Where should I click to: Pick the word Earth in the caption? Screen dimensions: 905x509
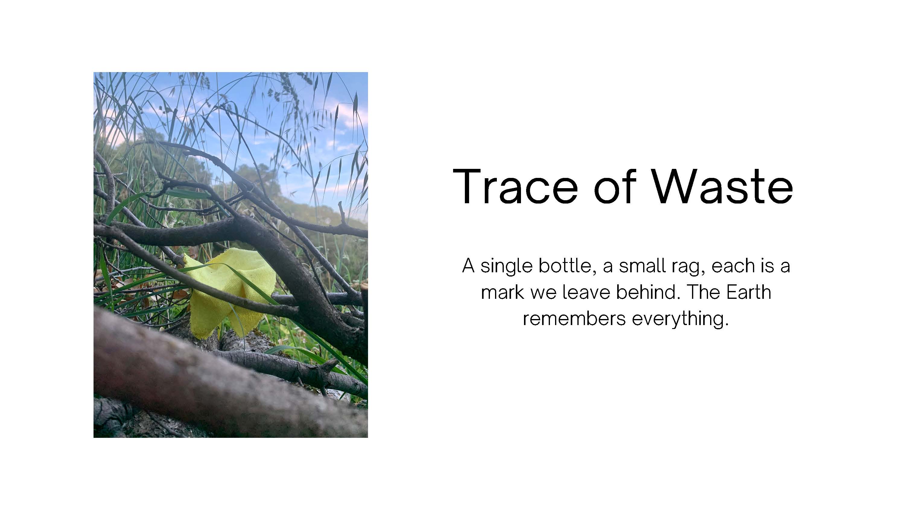[749, 292]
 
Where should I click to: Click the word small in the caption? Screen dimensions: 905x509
[642, 266]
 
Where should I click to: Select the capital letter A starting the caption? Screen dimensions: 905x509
[468, 266]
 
